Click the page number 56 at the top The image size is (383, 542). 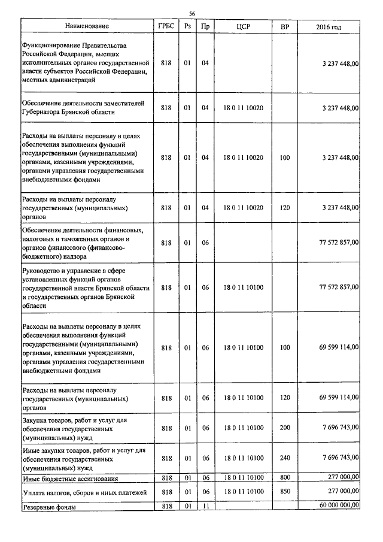[192, 13]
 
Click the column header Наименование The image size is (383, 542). [87, 27]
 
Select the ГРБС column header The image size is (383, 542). [166, 27]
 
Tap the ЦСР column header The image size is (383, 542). [243, 27]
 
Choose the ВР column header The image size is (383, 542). [284, 27]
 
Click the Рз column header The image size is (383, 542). [187, 27]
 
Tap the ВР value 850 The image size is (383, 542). [284, 492]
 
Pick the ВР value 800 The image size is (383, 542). [284, 478]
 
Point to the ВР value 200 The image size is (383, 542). [284, 428]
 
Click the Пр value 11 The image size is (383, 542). [205, 506]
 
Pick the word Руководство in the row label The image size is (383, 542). [41, 271]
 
